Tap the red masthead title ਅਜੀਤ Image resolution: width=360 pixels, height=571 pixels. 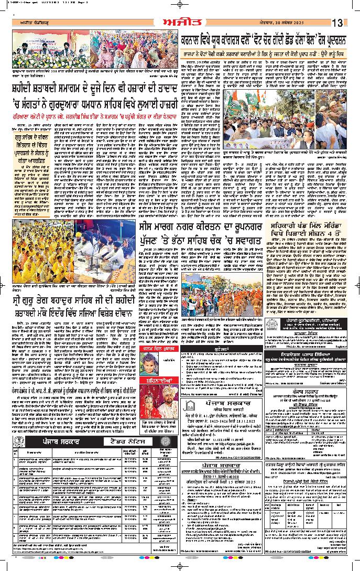pos(179,22)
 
